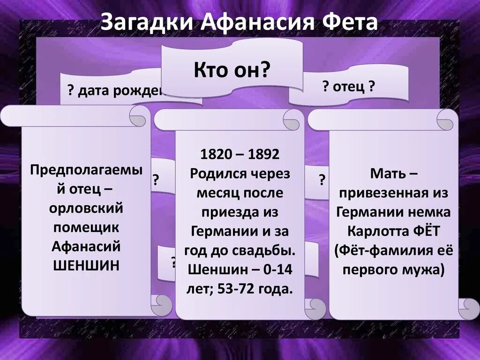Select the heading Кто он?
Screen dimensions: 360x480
[231, 70]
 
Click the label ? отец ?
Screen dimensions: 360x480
[348, 87]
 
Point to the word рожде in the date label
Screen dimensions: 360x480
[143, 91]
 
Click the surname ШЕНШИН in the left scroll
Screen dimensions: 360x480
[86, 264]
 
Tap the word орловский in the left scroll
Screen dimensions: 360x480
[86, 208]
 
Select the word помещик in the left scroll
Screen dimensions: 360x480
[86, 227]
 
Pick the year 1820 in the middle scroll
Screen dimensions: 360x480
[216, 154]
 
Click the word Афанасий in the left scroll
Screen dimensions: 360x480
[86, 246]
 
